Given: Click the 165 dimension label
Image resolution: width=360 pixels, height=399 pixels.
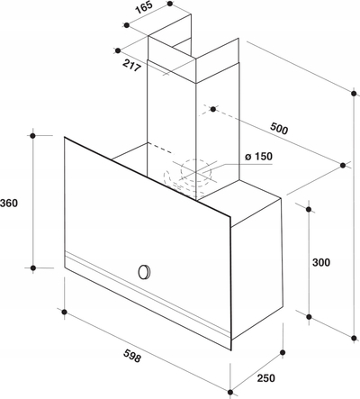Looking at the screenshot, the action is tap(144, 8).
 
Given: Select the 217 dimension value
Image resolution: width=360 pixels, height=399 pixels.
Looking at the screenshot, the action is tap(131, 66).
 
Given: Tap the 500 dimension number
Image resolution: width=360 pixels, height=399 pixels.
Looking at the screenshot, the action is tap(279, 128).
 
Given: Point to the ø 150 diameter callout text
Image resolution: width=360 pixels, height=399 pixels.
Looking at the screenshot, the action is tap(258, 157).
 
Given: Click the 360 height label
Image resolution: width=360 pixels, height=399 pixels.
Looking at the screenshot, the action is tap(9, 204).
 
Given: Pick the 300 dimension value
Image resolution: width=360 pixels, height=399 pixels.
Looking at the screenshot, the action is tap(321, 262).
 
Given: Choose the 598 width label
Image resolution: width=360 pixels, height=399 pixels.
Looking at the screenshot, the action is tap(131, 357).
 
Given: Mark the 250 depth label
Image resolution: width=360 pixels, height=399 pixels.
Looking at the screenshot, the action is tap(265, 378).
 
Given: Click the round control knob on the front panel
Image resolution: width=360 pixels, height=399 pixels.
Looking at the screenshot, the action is tap(144, 272).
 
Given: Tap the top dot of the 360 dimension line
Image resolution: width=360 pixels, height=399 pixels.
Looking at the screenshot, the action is tap(33, 136).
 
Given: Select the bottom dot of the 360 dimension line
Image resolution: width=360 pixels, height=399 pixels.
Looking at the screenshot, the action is tap(33, 268).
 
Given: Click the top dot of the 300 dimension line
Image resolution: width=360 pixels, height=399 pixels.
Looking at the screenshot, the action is tap(309, 209).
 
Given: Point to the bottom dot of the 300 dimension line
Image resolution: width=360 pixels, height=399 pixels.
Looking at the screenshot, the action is tap(309, 316).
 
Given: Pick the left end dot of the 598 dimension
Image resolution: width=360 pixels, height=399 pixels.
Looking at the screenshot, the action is tap(64, 312).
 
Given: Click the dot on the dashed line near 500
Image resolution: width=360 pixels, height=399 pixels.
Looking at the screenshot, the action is tap(213, 109).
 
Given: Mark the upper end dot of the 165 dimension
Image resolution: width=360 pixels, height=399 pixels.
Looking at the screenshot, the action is tap(170, 4).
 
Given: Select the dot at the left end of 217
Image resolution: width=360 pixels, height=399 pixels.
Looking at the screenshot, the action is tap(118, 50).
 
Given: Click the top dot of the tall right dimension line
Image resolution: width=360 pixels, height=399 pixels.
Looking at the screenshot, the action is tap(355, 93).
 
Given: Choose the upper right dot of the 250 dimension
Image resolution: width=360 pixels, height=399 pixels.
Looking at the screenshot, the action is tap(283, 352).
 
